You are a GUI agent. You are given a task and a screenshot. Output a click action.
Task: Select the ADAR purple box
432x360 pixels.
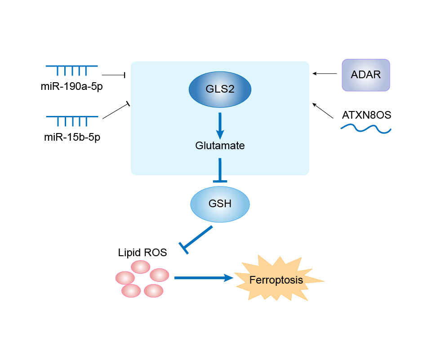coord(365,75)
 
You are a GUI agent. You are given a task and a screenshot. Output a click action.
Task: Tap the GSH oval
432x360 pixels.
coord(220,204)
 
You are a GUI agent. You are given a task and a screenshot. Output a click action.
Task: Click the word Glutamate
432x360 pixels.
coord(220,146)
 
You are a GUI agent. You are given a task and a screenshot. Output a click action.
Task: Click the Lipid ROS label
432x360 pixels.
coord(143,253)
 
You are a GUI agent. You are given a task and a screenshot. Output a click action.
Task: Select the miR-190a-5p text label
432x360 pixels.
coord(71,86)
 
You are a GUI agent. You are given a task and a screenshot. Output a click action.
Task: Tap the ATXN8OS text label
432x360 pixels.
coord(366,115)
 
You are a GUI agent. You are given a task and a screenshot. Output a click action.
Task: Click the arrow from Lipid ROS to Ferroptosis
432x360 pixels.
coord(203,278)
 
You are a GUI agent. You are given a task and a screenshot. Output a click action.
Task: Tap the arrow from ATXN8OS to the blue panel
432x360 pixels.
coord(323,111)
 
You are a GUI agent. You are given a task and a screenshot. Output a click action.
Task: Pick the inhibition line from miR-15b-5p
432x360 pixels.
coord(116,111)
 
